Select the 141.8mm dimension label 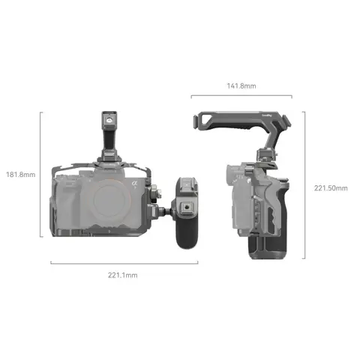[241, 86]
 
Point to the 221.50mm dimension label [331, 187]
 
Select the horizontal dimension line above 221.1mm [124, 263]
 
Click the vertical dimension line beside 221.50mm [304, 184]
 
